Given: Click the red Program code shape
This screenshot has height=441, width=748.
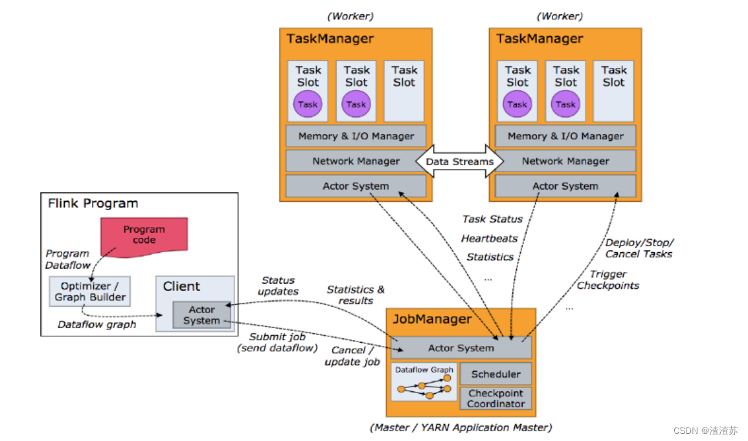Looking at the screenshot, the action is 144,237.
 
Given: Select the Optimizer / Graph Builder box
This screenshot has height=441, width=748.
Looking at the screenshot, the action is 90,291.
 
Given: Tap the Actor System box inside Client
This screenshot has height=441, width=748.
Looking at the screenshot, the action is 201,315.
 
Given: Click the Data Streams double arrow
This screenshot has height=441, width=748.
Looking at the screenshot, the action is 459,161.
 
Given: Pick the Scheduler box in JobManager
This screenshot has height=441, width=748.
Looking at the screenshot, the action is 496,374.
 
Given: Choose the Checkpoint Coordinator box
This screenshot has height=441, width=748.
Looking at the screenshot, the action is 496,398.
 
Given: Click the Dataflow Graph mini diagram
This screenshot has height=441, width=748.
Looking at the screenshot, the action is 424,382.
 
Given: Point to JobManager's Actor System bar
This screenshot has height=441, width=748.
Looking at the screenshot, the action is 461,348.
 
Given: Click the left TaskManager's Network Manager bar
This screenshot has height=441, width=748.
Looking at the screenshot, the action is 356,161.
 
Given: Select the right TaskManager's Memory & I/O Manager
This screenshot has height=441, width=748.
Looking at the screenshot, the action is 566,136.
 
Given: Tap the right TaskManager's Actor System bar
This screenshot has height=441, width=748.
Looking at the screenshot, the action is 566,186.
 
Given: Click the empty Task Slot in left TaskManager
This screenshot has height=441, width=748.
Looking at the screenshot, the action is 404,91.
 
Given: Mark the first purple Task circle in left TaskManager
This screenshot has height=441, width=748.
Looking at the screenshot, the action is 308,104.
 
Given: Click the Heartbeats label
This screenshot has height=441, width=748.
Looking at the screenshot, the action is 489,239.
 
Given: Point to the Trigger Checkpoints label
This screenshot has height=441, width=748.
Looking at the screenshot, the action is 608,280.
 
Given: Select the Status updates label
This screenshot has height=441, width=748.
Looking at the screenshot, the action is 278,286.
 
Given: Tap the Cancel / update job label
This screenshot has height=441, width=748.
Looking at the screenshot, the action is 352,356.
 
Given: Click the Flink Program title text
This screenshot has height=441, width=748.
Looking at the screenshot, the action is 93,204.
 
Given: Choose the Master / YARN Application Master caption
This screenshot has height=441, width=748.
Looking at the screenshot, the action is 461,427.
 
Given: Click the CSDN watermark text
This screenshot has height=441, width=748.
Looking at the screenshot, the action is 705,431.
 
